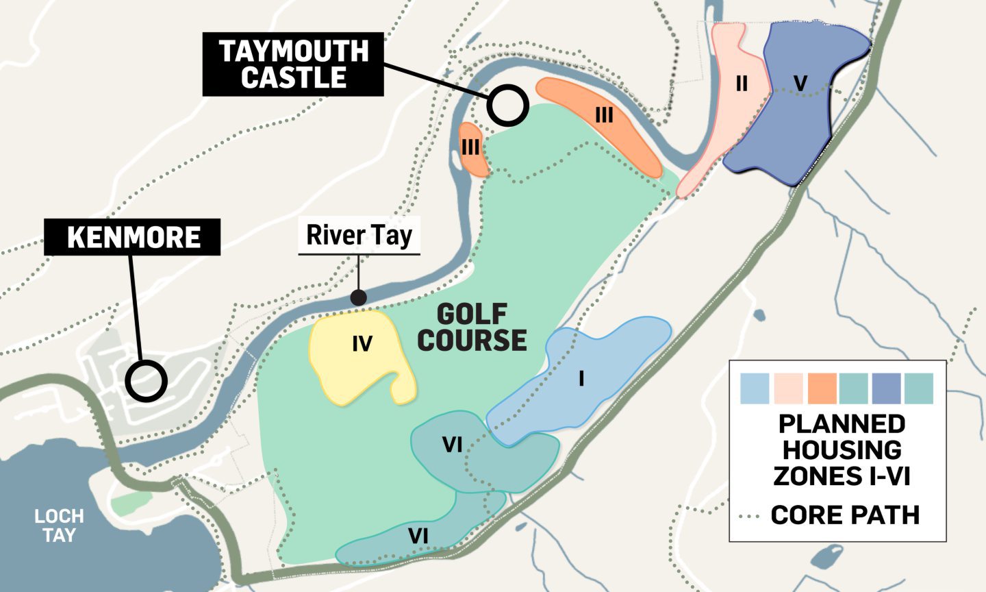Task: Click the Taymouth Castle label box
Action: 293,64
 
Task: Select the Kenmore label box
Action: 133,237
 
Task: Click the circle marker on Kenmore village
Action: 147,381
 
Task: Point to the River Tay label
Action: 359,235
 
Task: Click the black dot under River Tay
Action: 358,297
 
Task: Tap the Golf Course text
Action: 472,328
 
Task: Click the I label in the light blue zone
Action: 581,378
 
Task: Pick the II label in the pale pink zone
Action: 741,84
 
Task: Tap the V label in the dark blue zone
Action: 800,84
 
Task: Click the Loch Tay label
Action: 59,526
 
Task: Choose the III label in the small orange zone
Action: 470,147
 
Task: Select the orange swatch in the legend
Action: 822,388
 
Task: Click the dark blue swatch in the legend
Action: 886,388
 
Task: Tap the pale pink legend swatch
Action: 789,388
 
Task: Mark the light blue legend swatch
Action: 755,388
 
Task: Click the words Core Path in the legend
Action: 845,515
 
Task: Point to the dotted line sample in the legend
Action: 752,515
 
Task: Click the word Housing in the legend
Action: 842,449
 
